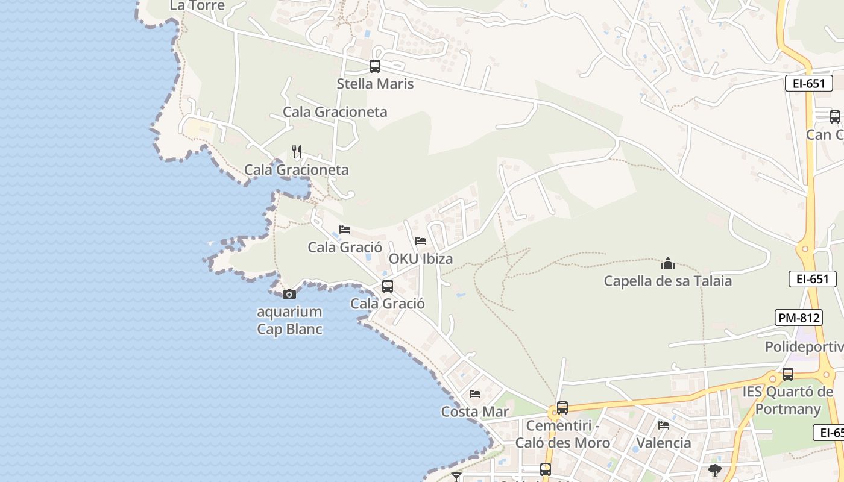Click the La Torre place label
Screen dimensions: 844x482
pos(197,5)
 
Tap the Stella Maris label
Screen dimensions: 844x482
pos(375,84)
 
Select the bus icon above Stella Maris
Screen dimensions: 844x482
pos(375,66)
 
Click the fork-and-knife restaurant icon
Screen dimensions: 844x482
pos(296,151)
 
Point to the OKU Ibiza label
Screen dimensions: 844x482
pos(420,258)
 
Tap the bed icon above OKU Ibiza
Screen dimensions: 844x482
pos(421,241)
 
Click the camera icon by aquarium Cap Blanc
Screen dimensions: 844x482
pos(289,294)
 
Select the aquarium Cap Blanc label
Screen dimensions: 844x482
pos(289,321)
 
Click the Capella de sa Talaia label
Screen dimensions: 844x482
pos(668,281)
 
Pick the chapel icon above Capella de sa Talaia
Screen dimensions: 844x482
pos(668,263)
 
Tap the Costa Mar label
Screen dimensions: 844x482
pos(475,412)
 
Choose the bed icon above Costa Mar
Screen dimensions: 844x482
pos(475,394)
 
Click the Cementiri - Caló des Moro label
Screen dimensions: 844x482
pos(562,434)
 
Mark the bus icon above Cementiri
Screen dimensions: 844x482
pos(562,408)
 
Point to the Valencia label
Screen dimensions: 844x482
pos(664,443)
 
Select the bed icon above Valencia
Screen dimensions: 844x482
pos(664,425)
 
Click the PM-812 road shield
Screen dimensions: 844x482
pos(799,318)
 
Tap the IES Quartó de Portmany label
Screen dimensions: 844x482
pos(788,400)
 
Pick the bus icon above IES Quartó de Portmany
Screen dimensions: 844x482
pos(788,374)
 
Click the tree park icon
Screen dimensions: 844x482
pos(715,470)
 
